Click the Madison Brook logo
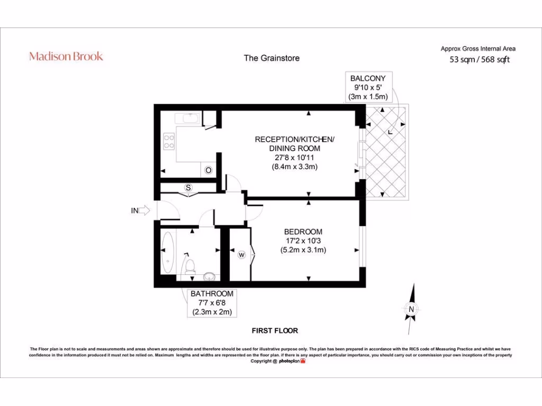[66, 56]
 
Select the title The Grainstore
[271, 58]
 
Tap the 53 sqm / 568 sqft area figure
[479, 60]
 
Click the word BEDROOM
[303, 232]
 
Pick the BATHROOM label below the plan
[212, 303]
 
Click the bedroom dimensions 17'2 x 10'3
[303, 241]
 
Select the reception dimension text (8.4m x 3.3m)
[294, 168]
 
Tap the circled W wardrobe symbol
[241, 255]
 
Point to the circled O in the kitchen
[209, 170]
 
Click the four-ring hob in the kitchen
[169, 141]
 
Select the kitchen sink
[189, 118]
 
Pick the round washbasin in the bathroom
[210, 275]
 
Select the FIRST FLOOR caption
[274, 330]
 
